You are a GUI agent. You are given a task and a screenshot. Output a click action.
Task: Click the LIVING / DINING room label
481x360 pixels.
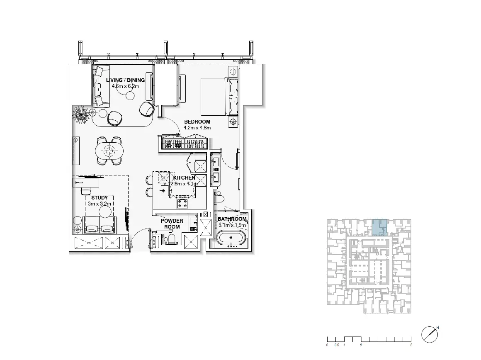point(126,80)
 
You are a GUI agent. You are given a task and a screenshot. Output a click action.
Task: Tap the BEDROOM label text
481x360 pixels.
point(197,122)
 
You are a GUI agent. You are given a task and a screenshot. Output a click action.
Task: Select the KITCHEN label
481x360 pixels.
point(184,178)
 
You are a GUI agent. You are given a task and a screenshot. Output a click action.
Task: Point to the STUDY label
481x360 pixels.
point(100,198)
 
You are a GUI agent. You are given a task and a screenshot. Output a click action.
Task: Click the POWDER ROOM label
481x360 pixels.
point(172,224)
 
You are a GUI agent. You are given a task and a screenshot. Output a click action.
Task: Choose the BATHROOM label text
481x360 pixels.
point(232,219)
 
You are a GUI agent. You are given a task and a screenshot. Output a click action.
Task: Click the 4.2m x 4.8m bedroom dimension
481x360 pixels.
point(197,128)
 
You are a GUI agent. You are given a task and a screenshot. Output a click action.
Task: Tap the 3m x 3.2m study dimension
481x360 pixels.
point(100,204)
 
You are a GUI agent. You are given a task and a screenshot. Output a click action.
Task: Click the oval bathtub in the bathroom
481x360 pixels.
point(231,238)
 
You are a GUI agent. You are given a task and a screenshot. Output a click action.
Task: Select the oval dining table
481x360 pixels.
point(109,151)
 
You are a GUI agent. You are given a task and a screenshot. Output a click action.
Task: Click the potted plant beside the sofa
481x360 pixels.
point(81,114)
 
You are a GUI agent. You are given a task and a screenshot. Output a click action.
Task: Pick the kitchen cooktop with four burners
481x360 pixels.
point(182,203)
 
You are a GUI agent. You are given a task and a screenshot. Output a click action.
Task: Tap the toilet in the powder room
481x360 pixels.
point(170,239)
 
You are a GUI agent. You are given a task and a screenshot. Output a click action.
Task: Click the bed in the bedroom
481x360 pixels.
point(220,97)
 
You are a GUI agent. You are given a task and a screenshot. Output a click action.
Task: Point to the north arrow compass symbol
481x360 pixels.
point(430,334)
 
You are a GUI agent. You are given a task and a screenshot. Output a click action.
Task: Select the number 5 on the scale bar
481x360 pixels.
point(411,345)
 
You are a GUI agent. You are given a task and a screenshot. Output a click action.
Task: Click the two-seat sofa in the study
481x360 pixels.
point(100,225)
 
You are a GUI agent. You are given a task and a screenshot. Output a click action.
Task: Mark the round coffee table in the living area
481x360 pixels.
point(130,96)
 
